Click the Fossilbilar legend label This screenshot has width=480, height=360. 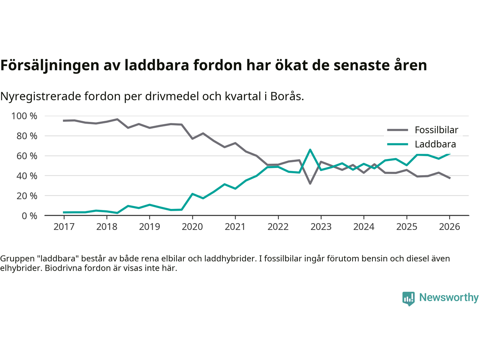click(436, 130)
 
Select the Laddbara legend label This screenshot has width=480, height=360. click(435, 144)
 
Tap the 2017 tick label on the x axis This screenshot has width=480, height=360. click(64, 227)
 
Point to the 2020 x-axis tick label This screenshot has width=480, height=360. click(192, 227)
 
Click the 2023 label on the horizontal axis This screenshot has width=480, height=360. click(321, 227)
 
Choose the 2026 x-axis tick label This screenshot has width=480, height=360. click(449, 227)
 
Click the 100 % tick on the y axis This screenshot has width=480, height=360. click(24, 116)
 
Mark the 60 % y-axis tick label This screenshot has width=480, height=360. click(27, 156)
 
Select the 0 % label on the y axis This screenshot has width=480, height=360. click(29, 216)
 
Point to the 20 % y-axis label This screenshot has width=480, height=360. click(27, 196)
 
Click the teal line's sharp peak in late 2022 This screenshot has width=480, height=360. click(310, 150)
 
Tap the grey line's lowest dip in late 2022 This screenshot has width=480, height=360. click(310, 183)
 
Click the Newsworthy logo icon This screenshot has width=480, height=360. click(408, 298)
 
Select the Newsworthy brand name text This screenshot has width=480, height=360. click(449, 297)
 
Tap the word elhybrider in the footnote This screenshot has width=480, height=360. click(21, 268)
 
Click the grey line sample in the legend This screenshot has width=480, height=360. click(397, 130)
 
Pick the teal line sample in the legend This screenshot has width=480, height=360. click(397, 144)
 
